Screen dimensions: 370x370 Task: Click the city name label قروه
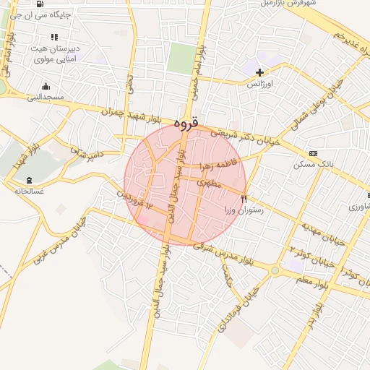[x=186, y=124]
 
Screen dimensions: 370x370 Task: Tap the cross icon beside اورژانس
[x=260, y=72]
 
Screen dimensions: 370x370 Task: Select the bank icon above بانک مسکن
[x=313, y=153]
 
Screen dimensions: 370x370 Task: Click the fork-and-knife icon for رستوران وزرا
[x=244, y=199]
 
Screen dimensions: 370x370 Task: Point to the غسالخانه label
[x=29, y=192]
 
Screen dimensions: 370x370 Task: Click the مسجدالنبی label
[x=46, y=96]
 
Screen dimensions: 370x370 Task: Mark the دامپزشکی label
[x=86, y=150]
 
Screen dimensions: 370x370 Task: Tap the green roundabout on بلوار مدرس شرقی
[x=275, y=271]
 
